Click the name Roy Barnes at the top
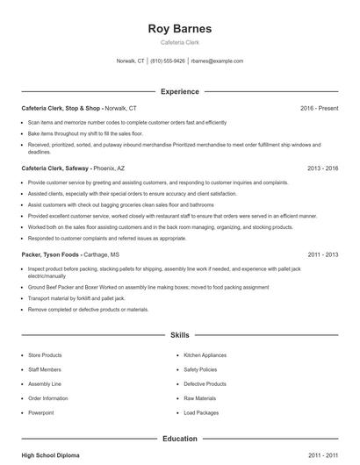coord(179,28)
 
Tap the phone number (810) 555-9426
coord(168,61)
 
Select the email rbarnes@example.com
coord(217,61)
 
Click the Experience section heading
coord(179,91)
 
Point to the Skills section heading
coord(179,335)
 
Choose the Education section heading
coord(179,438)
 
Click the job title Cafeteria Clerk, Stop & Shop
coord(62,108)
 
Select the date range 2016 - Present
coord(319,108)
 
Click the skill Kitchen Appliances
coord(205,354)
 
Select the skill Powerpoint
coord(41,412)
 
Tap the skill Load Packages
coord(201,412)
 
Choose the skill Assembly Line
coord(45,383)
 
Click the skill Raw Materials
coord(199,398)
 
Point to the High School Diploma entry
coord(51,456)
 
